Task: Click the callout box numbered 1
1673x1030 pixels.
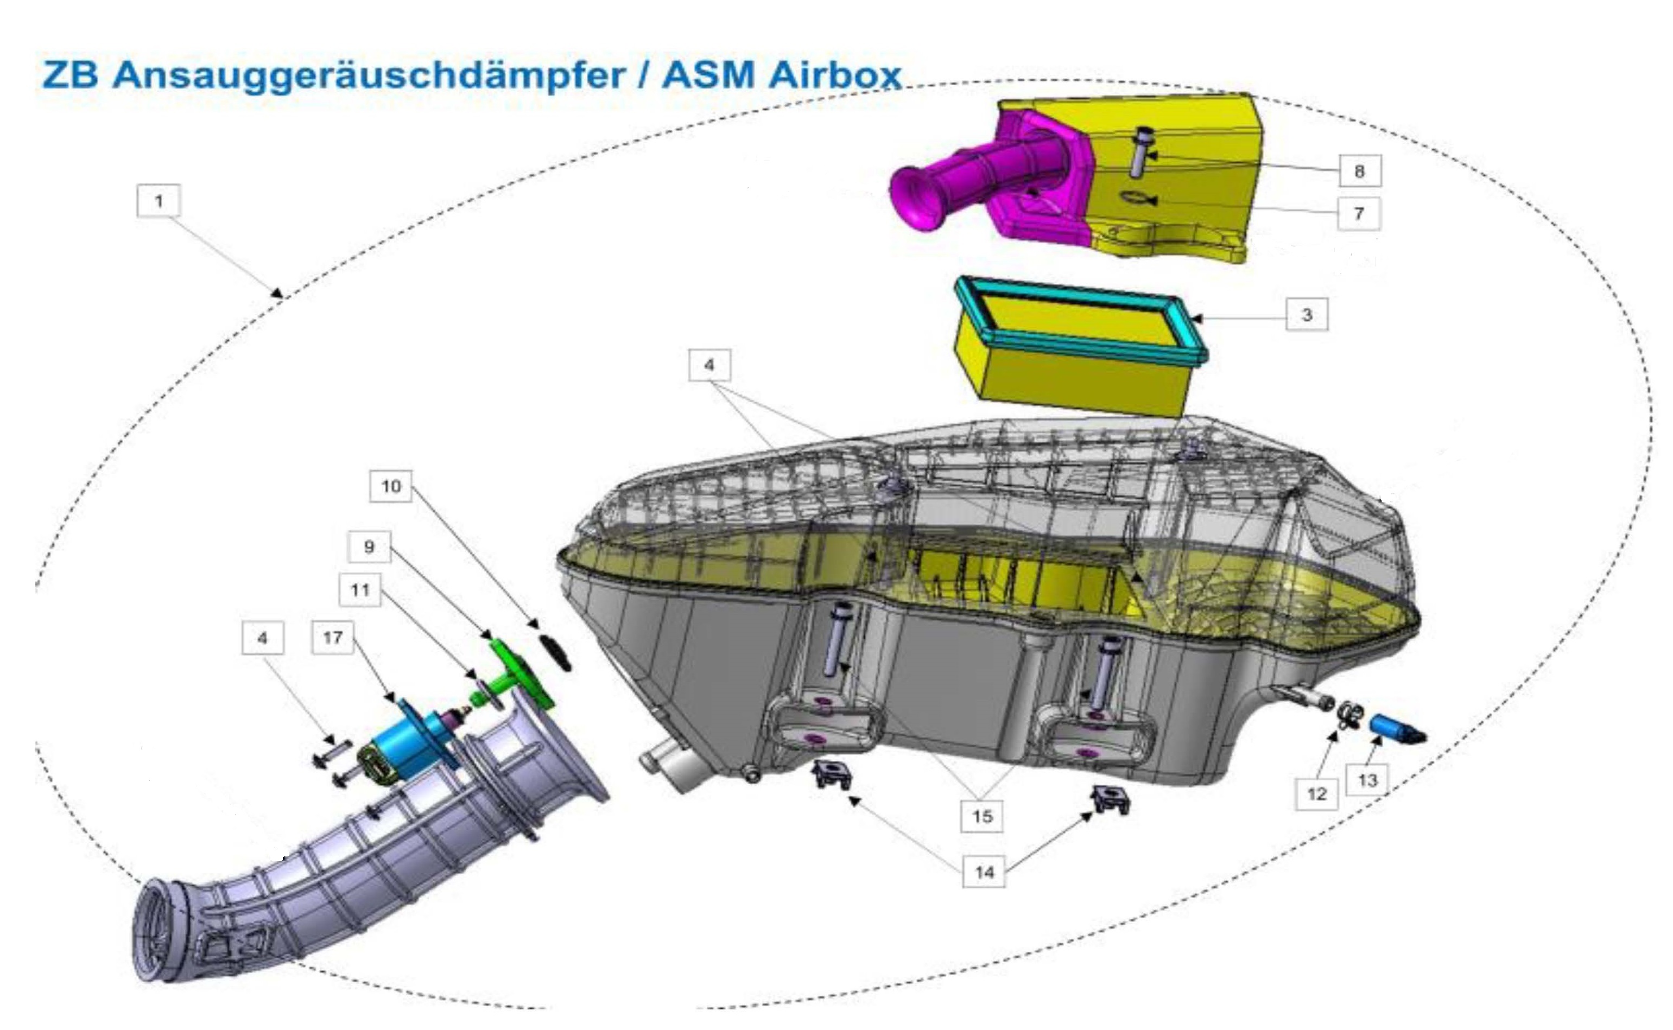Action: click(x=158, y=201)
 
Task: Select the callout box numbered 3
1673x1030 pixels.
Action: click(x=1307, y=315)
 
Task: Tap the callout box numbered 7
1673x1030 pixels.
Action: click(x=1358, y=213)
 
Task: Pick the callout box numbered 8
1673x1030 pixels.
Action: click(x=1359, y=170)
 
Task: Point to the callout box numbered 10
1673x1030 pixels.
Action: click(x=390, y=486)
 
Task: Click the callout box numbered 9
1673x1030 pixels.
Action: click(x=369, y=546)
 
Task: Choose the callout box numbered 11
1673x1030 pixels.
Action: click(x=360, y=589)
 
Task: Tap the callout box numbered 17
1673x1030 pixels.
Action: click(x=332, y=638)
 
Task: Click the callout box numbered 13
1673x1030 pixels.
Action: click(x=1367, y=780)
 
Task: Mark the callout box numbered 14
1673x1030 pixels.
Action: click(x=984, y=872)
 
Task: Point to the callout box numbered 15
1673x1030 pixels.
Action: click(x=981, y=816)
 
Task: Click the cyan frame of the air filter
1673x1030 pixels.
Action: click(x=1081, y=319)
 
